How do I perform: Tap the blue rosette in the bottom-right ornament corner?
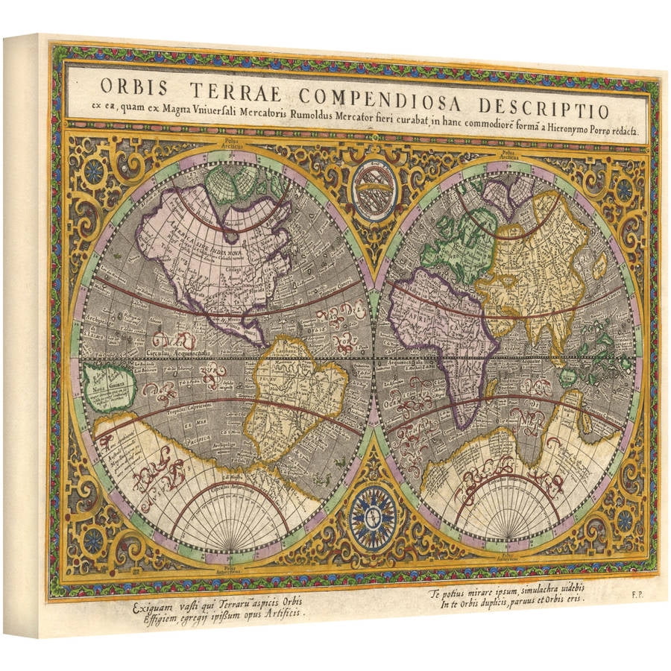click(625, 520)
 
